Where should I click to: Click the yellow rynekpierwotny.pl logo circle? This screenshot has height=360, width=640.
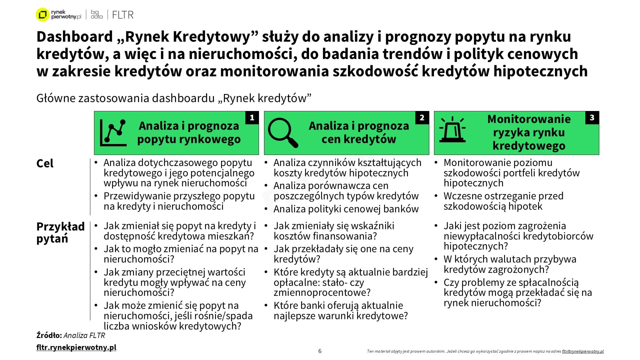(x=42, y=15)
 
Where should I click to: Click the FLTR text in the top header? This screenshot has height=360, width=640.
(x=123, y=15)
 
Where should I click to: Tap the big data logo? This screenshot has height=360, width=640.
(x=97, y=15)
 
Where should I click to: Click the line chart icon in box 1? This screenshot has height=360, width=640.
(x=113, y=133)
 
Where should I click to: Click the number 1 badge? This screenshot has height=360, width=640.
(x=252, y=118)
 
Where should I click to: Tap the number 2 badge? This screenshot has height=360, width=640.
(x=422, y=118)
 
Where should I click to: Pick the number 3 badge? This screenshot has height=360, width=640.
(x=592, y=118)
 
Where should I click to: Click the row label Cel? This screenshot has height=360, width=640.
(x=45, y=164)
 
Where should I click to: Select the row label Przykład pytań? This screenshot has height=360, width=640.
(x=60, y=233)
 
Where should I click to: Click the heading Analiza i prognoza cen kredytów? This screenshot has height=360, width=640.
(x=359, y=132)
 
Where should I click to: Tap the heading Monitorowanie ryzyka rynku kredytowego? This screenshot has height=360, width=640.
(x=529, y=132)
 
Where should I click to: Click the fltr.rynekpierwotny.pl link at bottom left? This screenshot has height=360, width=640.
(x=76, y=347)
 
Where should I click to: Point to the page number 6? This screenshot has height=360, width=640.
(x=320, y=351)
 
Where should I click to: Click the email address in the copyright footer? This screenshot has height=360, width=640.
(x=583, y=351)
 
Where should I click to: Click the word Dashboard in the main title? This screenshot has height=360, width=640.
(x=75, y=37)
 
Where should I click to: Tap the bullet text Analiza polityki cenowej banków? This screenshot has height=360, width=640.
(x=346, y=209)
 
